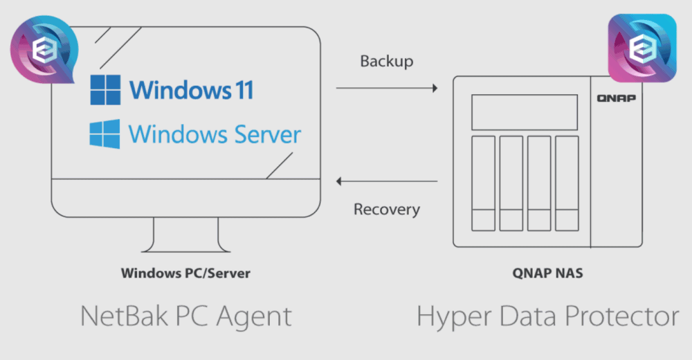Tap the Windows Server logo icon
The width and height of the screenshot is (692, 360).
tap(104, 134)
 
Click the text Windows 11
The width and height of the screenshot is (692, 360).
tap(191, 90)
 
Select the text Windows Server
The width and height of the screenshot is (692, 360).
tap(215, 134)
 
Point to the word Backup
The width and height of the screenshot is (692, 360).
tap(386, 61)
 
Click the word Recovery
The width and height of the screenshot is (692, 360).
tap(386, 209)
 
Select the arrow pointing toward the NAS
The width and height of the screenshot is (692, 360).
tap(387, 88)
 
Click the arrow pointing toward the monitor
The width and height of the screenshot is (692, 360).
tap(387, 181)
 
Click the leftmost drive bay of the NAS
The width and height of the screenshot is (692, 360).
tap(483, 183)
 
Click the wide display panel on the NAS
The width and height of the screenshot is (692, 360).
tap(525, 112)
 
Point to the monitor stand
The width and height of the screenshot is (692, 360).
tap(185, 235)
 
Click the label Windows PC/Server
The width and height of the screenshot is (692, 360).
tap(185, 273)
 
